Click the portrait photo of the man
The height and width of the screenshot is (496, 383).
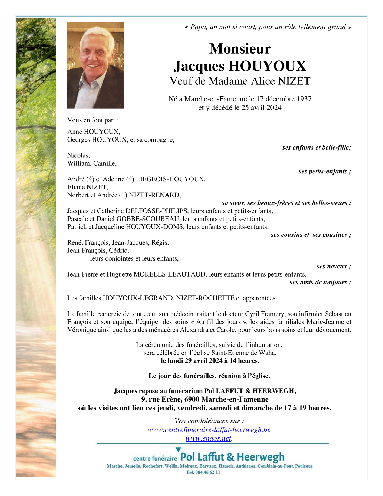pos(95,65)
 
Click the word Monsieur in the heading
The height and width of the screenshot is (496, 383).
pos(240,49)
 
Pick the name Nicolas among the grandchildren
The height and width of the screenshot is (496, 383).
pos(78,156)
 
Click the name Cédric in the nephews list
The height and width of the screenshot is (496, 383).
pos(119,251)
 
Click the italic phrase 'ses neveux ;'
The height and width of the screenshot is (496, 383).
pos(334,267)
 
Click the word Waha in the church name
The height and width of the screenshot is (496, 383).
pos(268,353)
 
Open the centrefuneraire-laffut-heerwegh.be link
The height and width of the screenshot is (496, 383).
pos(209,430)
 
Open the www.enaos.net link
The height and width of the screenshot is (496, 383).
pos(208,438)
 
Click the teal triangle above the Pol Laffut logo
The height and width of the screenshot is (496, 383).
pos(178,450)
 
